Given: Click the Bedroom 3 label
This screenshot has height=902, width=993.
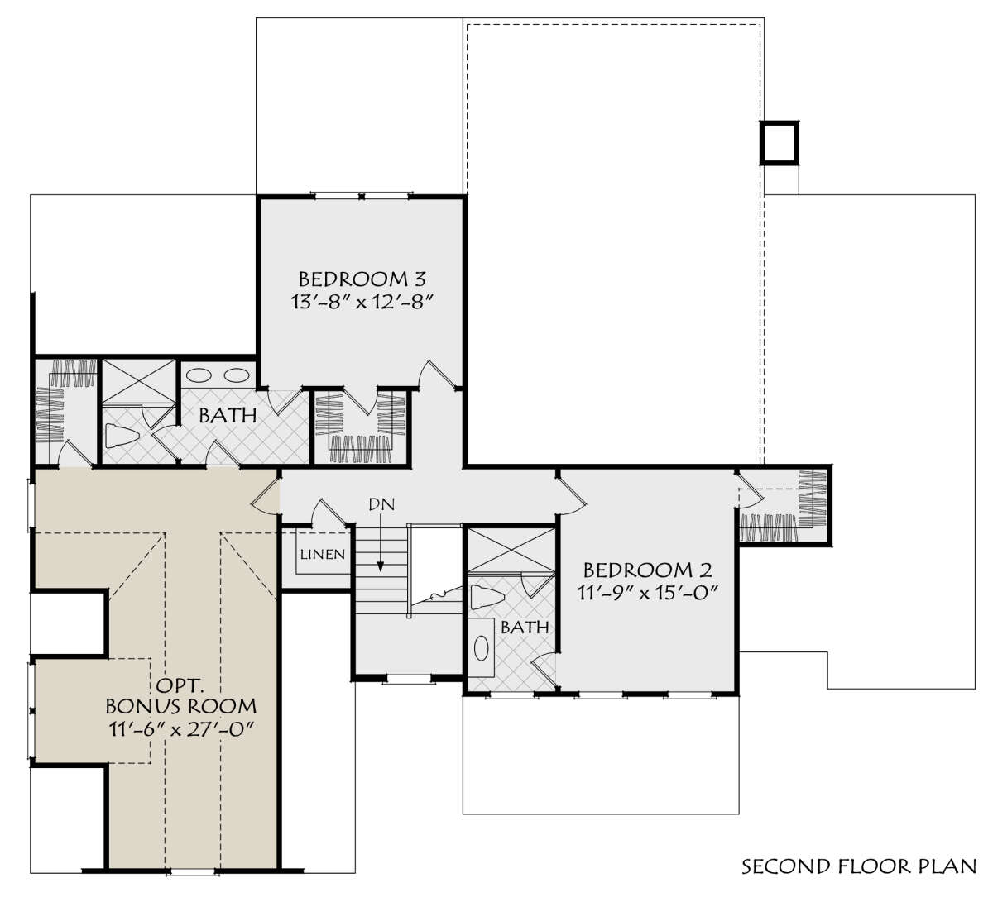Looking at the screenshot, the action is tap(362, 279).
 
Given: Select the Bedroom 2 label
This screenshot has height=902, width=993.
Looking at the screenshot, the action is tap(647, 570).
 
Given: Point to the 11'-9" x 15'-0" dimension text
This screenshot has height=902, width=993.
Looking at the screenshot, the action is tap(647, 593).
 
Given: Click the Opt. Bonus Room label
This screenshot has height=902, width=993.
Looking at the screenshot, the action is tap(180, 696).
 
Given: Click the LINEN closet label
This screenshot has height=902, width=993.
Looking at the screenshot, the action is tap(322, 554).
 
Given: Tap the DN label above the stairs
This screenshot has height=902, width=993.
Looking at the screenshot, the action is tap(381, 504).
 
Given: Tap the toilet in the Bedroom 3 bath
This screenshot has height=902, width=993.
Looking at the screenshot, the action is tap(122, 436).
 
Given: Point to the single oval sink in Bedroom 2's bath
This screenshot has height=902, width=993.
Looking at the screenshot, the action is tap(481, 648).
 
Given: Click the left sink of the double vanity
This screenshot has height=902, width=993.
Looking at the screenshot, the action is tap(199, 375).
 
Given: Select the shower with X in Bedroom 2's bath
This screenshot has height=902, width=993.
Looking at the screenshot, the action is tap(511, 550).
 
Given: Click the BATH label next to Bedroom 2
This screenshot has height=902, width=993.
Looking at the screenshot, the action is tap(525, 628).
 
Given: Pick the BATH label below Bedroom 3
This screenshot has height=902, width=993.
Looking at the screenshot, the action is tap(228, 416).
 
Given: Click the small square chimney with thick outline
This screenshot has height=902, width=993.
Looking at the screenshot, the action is tap(780, 142).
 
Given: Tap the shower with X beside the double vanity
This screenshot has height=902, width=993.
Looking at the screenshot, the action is tap(138, 381).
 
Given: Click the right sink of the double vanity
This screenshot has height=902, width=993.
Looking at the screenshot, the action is tap(237, 375).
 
